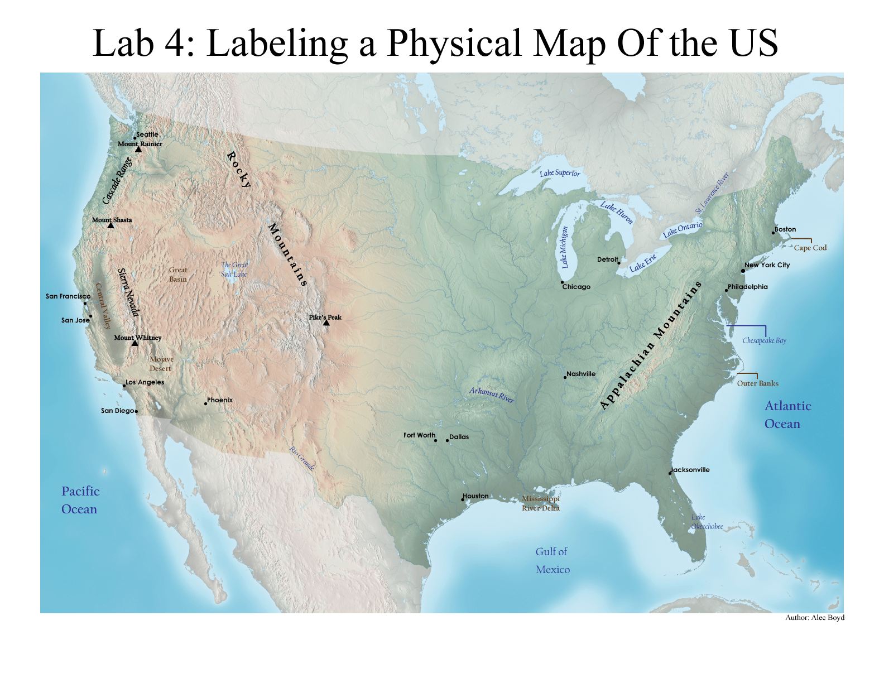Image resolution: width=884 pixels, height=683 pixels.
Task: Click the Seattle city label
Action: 147,134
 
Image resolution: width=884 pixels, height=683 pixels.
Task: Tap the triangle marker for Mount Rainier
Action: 138,150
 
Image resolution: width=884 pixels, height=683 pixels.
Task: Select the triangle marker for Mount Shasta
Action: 110,225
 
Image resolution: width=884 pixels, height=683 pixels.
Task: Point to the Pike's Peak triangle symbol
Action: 326,323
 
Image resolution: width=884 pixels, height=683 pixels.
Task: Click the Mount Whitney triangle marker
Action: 134,343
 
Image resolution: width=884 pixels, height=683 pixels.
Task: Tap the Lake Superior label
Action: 560,173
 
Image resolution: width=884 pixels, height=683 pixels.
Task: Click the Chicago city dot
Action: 562,282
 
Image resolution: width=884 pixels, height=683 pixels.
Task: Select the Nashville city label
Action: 581,374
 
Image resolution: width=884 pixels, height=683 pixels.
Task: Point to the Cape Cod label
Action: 810,248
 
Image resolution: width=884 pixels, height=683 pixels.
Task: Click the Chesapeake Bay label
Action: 764,340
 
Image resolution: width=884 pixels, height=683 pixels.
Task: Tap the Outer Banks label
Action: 757,383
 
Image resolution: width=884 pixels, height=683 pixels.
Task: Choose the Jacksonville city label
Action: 691,470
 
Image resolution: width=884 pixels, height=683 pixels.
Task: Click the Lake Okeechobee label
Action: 707,522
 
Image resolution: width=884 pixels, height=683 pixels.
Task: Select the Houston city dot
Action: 463,499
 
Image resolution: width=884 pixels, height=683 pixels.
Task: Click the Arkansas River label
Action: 492,395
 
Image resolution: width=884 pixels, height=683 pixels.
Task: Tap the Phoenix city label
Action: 220,400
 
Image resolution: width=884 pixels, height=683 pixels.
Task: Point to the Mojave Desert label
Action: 161,364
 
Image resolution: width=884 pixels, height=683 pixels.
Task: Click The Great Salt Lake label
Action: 234,270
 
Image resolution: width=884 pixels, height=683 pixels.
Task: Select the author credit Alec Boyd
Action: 815,617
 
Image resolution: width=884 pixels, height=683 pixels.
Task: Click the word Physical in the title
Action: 454,43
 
